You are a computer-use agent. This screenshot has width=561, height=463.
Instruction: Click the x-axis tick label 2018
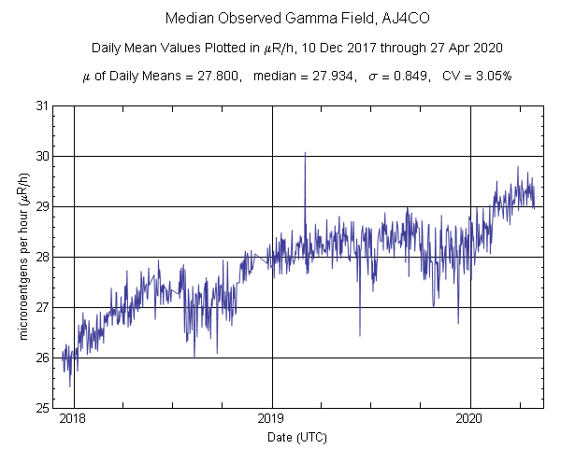73,419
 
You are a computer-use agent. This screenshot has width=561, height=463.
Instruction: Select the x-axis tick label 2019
272,419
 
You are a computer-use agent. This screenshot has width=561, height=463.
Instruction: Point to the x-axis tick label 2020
471,419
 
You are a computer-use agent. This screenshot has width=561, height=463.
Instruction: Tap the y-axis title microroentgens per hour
23,258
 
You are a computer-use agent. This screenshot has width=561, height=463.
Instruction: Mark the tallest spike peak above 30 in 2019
305,153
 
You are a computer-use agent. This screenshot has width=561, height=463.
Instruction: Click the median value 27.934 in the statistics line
325,77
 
